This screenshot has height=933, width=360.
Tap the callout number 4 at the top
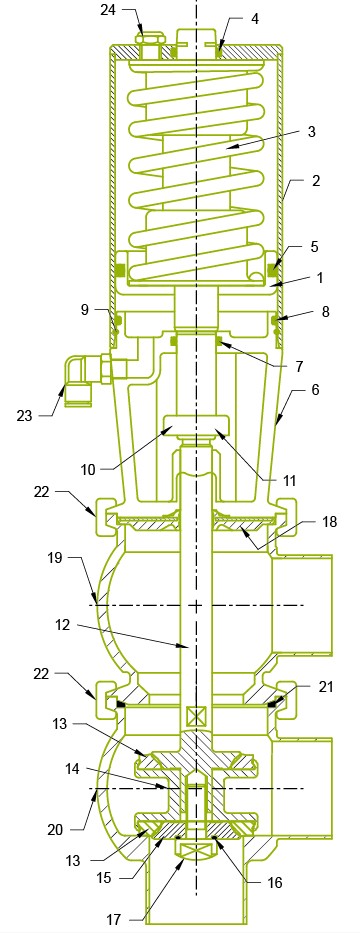[254, 18]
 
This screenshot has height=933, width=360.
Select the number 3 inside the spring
[283, 131]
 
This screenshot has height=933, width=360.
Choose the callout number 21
[325, 685]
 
